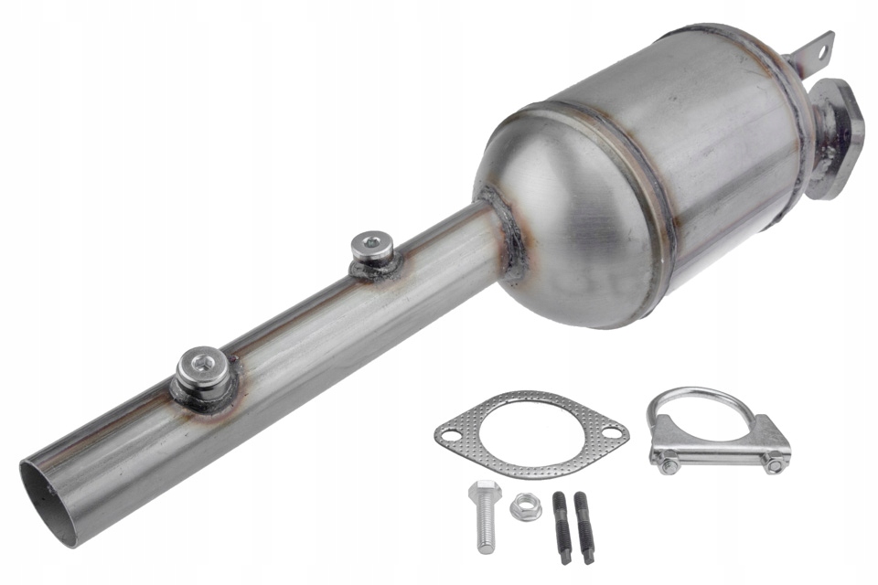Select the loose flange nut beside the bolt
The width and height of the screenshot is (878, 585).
[524, 505]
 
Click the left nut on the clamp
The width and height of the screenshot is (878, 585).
[669, 465]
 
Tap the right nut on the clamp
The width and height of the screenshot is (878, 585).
[774, 465]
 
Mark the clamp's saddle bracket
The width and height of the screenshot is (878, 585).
[721, 448]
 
